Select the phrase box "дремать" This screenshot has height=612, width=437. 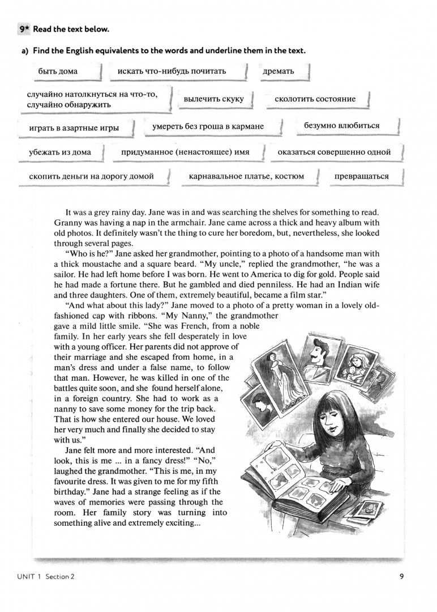279,71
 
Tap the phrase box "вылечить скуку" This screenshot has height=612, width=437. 213,99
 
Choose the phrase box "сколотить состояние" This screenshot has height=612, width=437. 315,99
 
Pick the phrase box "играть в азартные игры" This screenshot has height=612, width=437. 74,128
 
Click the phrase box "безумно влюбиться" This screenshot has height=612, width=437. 341,126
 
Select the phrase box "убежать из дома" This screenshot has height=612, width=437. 59,152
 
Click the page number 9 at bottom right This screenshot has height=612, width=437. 401,577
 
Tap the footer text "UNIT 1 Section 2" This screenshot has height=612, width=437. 45,577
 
